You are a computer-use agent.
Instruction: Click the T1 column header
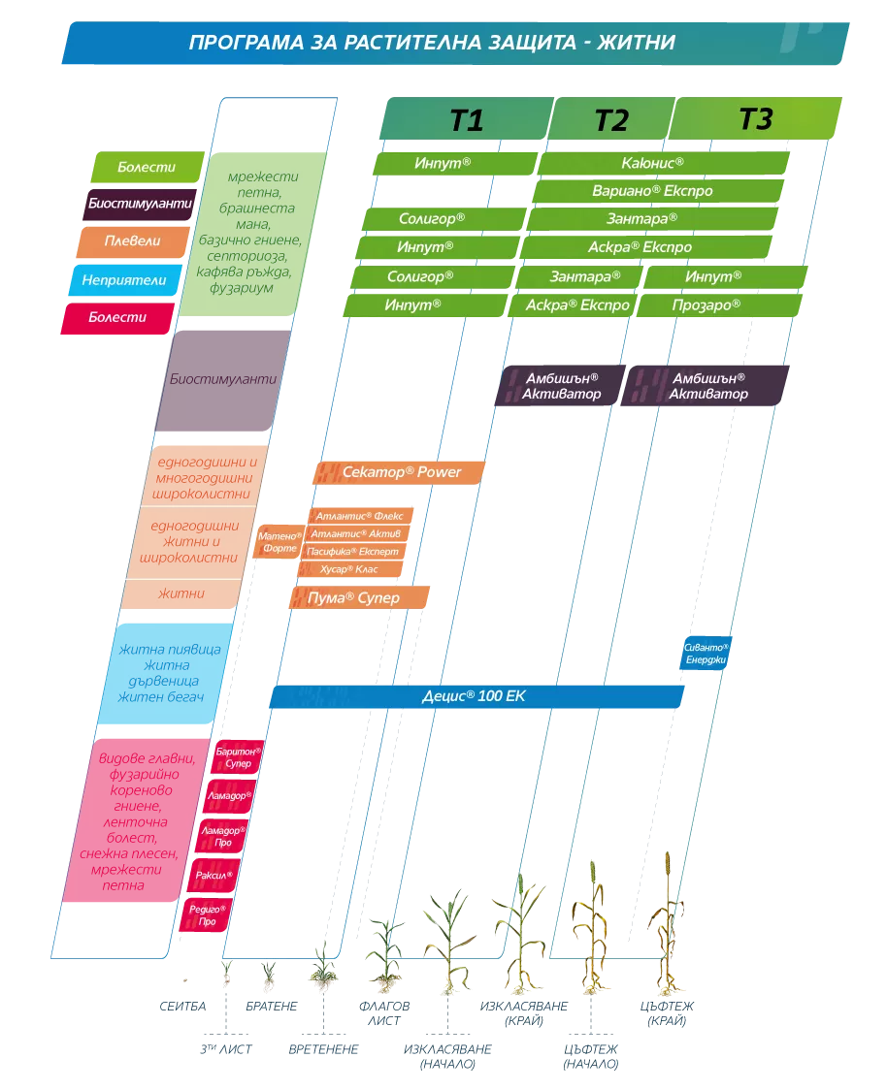467,119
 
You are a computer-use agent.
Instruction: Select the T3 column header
756,119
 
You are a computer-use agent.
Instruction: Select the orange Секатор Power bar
399,472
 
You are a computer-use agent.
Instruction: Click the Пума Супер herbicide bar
359,597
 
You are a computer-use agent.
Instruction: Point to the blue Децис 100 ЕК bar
476,696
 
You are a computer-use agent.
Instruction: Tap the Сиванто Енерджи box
705,654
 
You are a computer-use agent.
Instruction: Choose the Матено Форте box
279,542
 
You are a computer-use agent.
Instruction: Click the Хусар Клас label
350,569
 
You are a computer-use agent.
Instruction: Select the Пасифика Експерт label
353,552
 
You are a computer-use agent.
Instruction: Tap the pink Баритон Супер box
238,757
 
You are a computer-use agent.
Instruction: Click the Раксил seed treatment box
213,876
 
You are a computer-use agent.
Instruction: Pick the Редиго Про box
206,915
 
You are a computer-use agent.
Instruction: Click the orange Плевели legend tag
133,241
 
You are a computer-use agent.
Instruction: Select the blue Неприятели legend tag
124,280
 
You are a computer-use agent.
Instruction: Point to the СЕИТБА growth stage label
183,1007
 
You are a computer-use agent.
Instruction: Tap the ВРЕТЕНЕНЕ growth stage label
323,1049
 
